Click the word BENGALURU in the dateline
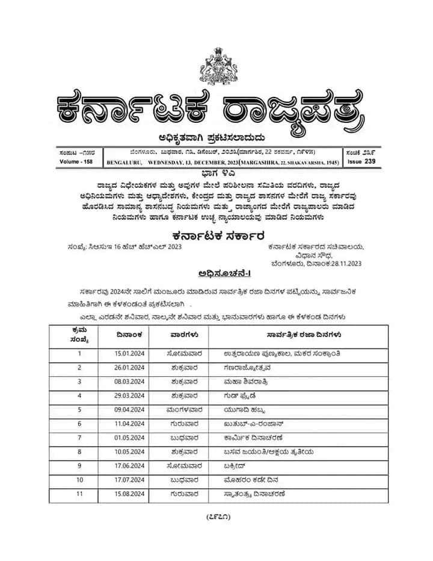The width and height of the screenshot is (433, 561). [x=124, y=163]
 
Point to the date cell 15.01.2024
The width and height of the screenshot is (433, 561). [x=130, y=353]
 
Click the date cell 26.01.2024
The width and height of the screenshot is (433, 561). [x=130, y=367]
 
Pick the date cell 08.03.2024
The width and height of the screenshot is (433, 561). [x=130, y=381]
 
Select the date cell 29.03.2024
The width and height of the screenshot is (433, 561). [x=130, y=395]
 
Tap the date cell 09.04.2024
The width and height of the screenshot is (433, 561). [x=130, y=409]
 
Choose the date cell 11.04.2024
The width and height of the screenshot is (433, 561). [x=130, y=424]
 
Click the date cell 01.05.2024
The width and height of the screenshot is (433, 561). [x=130, y=438]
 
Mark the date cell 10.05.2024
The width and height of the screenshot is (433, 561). [x=130, y=452]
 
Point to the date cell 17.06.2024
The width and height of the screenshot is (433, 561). [x=130, y=466]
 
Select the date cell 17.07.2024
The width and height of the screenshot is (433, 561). [x=130, y=480]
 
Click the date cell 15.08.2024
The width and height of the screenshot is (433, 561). [x=130, y=494]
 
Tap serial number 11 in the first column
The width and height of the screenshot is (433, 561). [x=79, y=494]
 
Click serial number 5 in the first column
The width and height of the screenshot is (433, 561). [x=79, y=409]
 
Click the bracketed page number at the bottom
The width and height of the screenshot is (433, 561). [x=216, y=516]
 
